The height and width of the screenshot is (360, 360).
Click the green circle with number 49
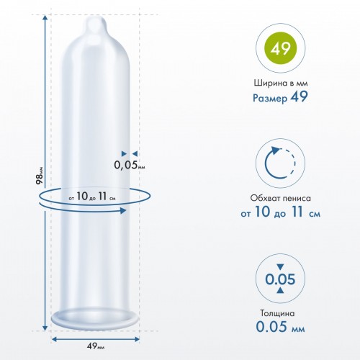tap(280, 49)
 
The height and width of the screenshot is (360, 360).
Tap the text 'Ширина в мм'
tap(281, 83)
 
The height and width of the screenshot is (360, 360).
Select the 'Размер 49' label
tap(280, 97)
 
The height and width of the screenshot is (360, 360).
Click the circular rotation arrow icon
tap(280, 163)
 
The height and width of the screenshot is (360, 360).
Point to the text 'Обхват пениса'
tap(280, 198)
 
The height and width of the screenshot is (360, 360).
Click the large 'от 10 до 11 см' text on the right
tap(280, 212)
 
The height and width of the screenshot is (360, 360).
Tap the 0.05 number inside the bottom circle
tap(280, 279)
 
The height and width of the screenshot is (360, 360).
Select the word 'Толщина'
tap(277, 313)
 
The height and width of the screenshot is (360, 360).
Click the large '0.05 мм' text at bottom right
tap(280, 326)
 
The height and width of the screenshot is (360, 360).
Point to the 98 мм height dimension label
tap(40, 176)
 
